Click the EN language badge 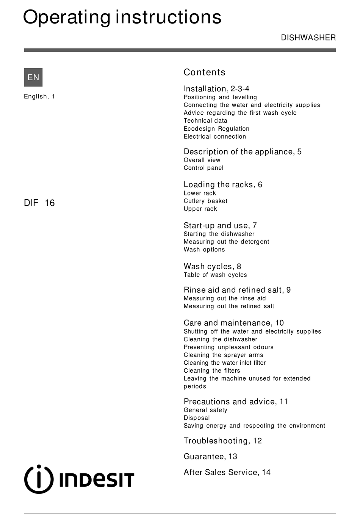[33, 77]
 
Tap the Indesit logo [79, 479]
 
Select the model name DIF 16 [39, 203]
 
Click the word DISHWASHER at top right [308, 38]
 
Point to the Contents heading [204, 72]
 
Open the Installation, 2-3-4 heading [216, 89]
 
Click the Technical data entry [205, 121]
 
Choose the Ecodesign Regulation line [216, 129]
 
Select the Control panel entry [203, 168]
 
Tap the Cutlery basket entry [205, 201]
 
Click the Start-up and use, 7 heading [220, 225]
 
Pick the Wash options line [204, 250]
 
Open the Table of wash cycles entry [215, 275]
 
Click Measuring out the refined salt [229, 306]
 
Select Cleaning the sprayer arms [223, 355]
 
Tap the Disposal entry [197, 418]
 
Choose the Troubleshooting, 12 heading [223, 441]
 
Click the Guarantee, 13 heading [210, 456]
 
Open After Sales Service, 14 [227, 472]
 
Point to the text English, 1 [39, 97]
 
